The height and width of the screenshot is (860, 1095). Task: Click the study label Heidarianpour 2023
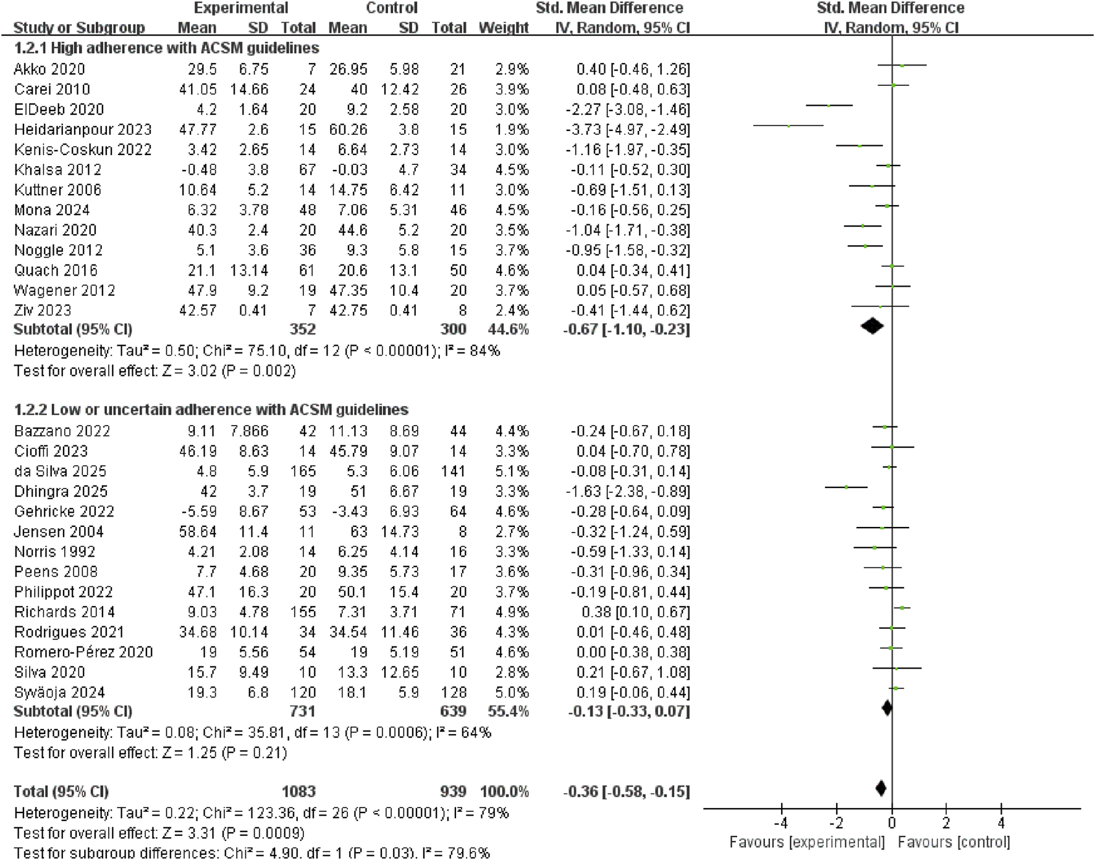[83, 130]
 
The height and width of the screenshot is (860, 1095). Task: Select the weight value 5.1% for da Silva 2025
[512, 471]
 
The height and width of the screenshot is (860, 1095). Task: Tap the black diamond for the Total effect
[881, 788]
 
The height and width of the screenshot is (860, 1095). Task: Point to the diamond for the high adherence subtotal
[872, 326]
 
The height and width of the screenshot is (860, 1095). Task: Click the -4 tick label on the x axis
[781, 823]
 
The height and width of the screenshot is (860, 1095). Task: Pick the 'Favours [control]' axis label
[953, 842]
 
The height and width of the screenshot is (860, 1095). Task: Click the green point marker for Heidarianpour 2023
[789, 126]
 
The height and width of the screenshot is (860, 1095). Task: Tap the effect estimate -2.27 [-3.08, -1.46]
[627, 109]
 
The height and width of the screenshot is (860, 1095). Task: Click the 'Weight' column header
[504, 28]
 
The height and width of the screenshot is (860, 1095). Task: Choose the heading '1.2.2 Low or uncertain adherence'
[211, 410]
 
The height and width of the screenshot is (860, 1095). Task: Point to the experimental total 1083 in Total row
[298, 791]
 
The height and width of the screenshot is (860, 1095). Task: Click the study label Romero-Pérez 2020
[83, 652]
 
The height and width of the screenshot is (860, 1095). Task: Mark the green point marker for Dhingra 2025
[847, 487]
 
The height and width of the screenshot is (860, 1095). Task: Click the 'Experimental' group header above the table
[240, 8]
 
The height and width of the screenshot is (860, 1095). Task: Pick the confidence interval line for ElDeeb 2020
[829, 106]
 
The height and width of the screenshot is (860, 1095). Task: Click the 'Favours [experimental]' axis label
[807, 842]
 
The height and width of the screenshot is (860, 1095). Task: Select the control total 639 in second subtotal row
[453, 711]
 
